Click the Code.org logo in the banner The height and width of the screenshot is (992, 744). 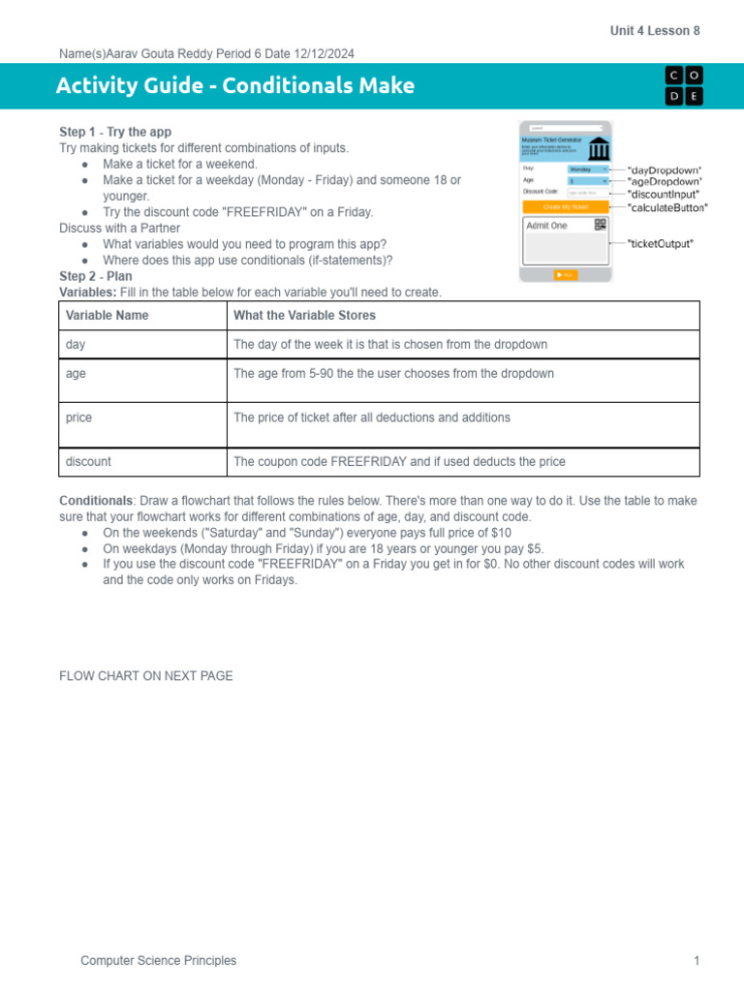click(684, 85)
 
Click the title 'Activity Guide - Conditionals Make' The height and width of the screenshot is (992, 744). click(235, 85)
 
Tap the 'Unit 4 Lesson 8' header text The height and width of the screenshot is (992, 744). click(654, 31)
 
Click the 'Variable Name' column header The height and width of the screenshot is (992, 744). click(108, 315)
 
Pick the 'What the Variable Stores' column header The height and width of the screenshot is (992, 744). click(304, 315)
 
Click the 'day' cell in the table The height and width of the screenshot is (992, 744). click(76, 344)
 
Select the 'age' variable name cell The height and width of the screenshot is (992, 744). click(76, 373)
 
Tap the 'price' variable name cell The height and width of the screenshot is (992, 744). click(78, 418)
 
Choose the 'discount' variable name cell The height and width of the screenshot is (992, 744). click(88, 462)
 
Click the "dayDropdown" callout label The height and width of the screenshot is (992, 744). click(665, 170)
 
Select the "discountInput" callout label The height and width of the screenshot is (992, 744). click(664, 194)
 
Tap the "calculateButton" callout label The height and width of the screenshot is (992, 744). click(667, 206)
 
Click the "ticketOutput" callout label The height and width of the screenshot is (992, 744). click(660, 244)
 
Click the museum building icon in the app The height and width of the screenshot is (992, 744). click(599, 149)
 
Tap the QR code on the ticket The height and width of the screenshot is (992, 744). click(600, 225)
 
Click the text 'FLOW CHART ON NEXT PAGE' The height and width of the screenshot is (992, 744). click(146, 676)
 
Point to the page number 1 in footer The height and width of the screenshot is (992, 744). click(696, 960)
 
